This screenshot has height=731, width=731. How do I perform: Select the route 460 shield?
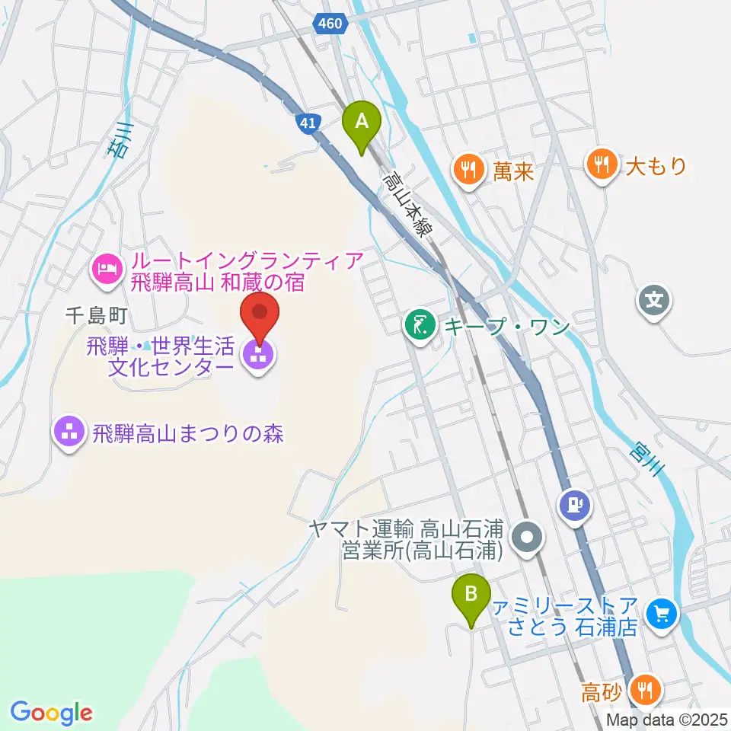coord(330,24)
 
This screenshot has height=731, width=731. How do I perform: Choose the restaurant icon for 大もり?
coord(602,164)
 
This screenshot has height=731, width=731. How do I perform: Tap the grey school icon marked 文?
coord(654,298)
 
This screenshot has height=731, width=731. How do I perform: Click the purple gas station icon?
coord(575,505)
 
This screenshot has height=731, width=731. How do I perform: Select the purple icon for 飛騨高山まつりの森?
coord(69,434)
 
